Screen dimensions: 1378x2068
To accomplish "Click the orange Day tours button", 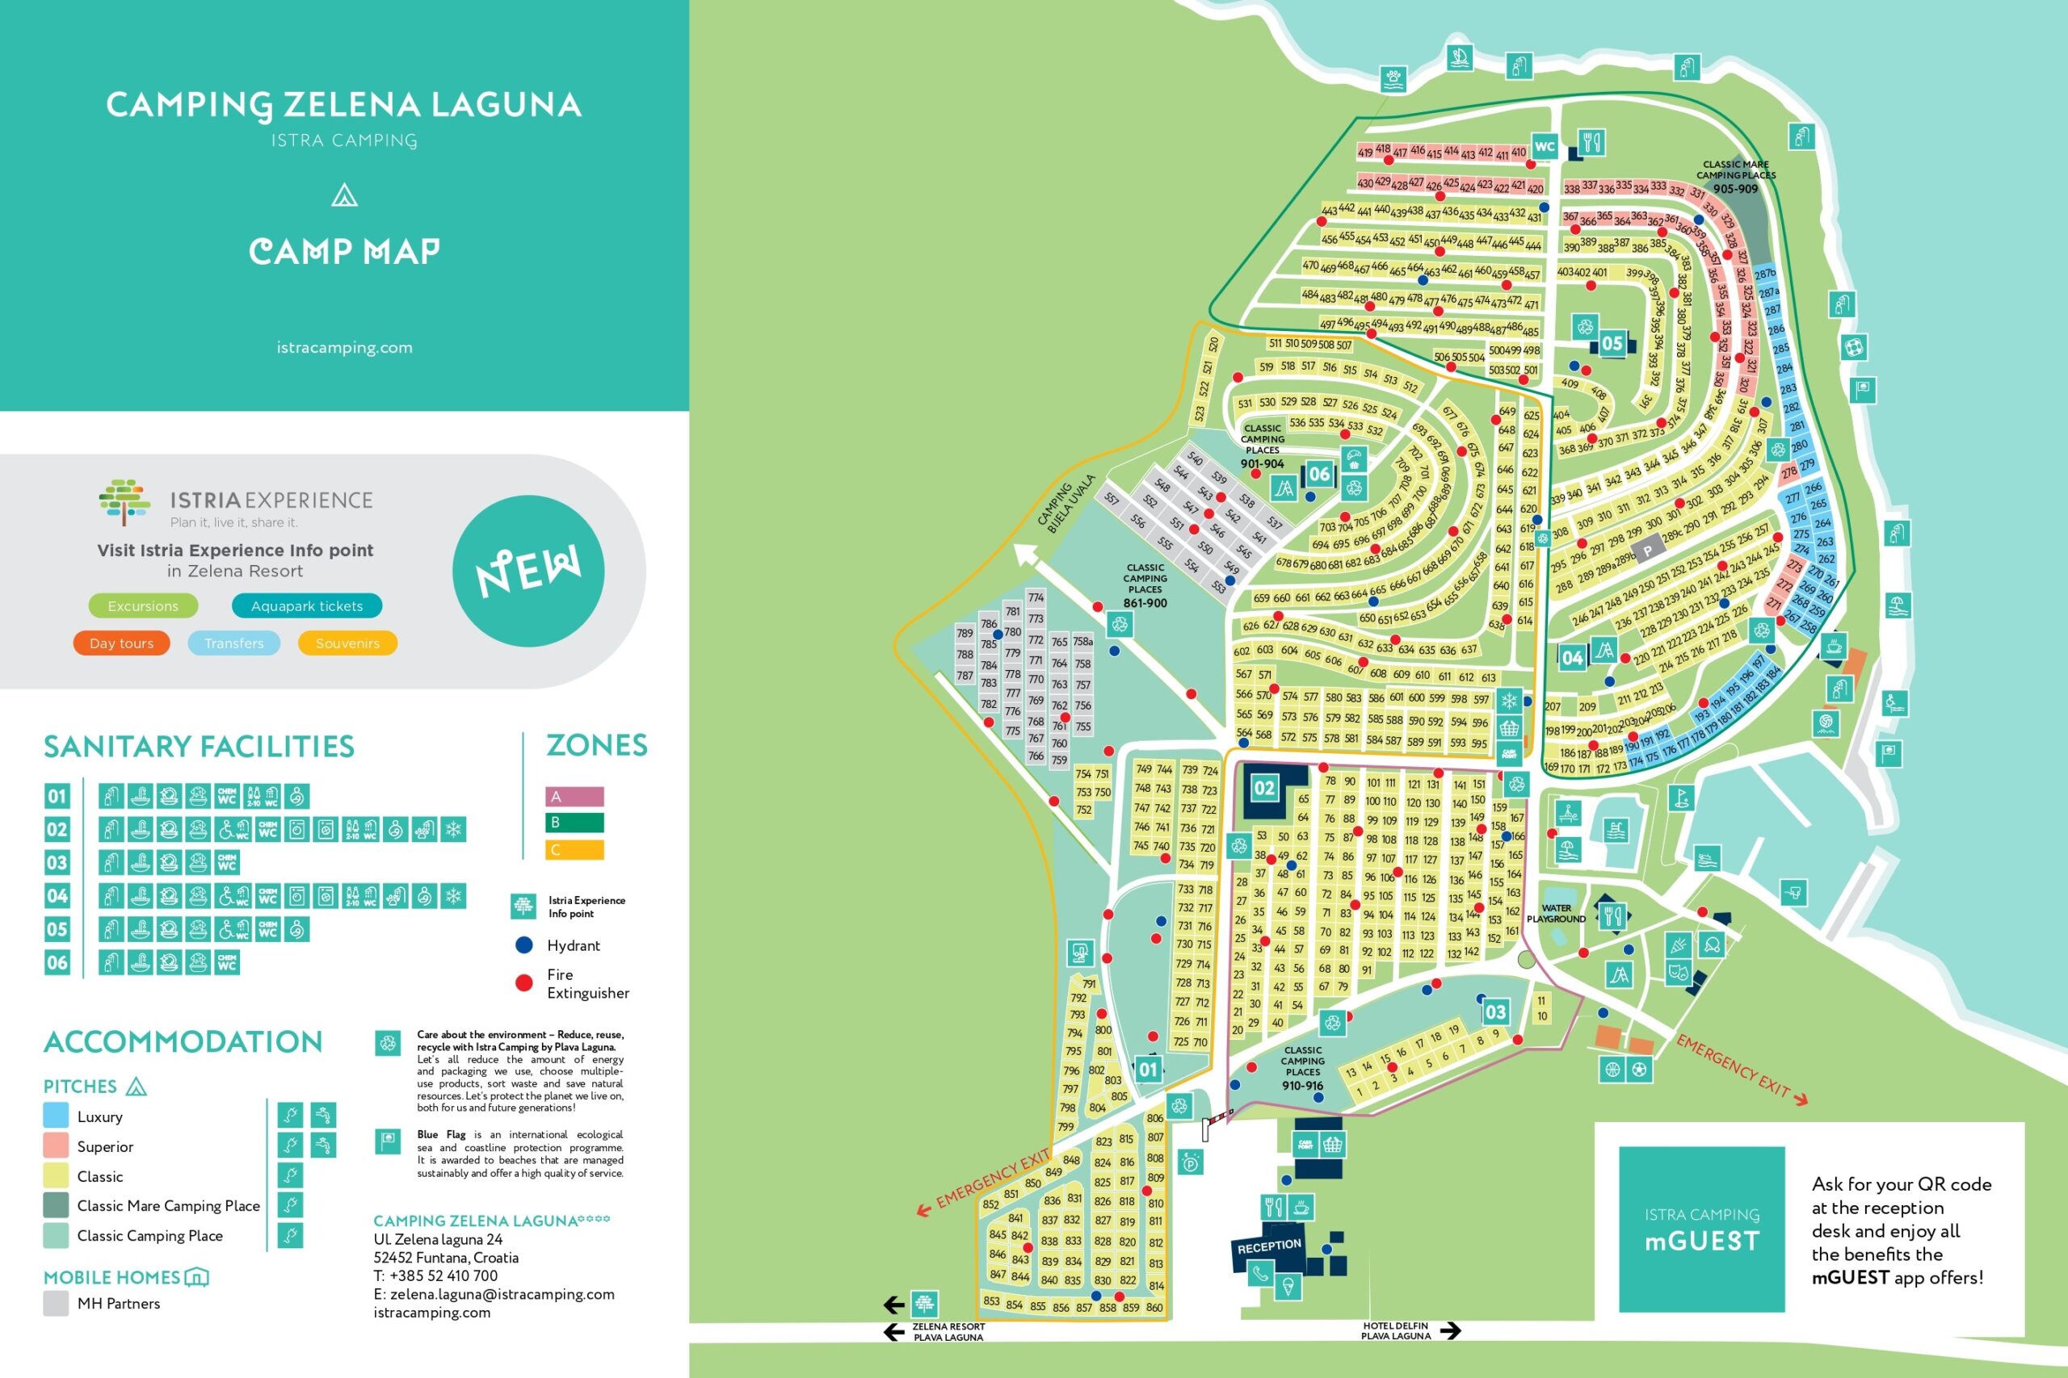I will click(x=121, y=643).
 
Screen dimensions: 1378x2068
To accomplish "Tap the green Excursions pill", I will click(x=142, y=606).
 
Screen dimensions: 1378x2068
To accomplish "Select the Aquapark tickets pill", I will click(x=307, y=606).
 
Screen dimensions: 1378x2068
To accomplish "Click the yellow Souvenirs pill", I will click(x=347, y=643).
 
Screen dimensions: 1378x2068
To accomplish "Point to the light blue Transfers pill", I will click(x=234, y=643).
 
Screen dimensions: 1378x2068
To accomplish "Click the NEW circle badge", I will click(x=528, y=572).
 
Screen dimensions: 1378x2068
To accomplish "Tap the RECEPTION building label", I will click(x=1269, y=1246).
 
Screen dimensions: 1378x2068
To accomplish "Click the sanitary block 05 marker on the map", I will click(x=1612, y=344).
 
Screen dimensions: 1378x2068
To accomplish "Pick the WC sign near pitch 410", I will click(x=1545, y=147).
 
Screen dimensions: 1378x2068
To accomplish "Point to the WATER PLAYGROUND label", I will click(x=1557, y=913).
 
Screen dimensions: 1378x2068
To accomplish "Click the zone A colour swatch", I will click(x=574, y=797).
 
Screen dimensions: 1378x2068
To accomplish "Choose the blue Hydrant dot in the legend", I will click(x=524, y=945).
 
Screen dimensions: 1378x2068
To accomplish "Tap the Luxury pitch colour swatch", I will click(x=57, y=1116).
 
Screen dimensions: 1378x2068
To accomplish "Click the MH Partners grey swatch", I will click(x=57, y=1303).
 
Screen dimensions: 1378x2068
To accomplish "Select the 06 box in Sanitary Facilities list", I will click(x=57, y=962).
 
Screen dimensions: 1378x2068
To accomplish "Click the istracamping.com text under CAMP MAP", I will click(x=344, y=348).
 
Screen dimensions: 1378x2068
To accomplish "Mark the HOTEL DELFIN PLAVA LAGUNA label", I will click(x=1395, y=1330).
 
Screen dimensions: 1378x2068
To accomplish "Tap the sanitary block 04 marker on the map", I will click(x=1572, y=657).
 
